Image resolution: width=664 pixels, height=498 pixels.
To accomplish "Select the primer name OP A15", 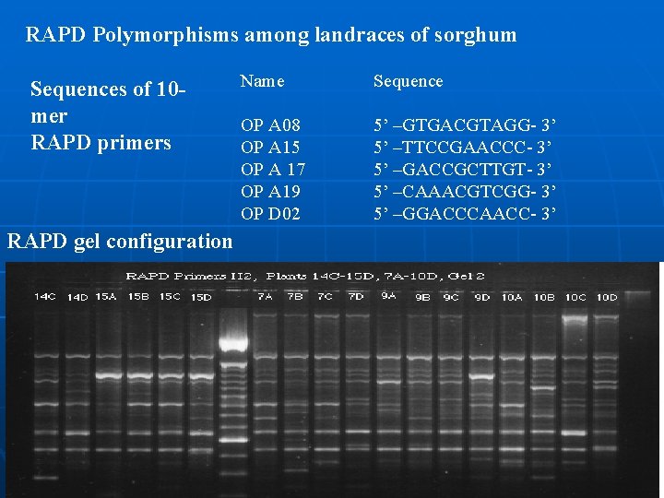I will [270, 147].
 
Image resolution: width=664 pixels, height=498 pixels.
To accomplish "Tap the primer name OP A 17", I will [273, 169].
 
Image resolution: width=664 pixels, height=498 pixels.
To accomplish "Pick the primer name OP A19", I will [270, 191].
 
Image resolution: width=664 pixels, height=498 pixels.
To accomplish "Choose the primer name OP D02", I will [270, 214].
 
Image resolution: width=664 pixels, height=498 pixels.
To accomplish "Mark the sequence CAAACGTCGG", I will [466, 191].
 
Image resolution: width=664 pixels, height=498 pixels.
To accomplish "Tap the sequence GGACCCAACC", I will [466, 214].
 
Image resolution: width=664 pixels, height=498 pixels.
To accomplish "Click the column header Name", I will [263, 81].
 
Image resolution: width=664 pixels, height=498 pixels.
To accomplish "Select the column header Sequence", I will [408, 81].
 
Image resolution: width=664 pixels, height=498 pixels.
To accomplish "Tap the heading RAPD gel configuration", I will [120, 242].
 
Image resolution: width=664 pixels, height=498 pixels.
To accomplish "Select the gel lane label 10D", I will [606, 297].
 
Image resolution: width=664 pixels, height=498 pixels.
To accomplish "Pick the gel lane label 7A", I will [265, 297].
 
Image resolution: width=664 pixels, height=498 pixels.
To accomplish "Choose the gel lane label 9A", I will [388, 296].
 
